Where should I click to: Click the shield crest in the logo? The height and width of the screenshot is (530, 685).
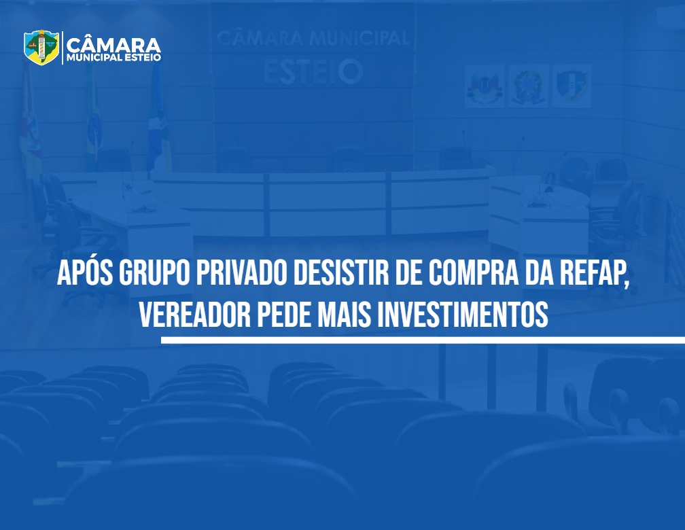[x=41, y=47]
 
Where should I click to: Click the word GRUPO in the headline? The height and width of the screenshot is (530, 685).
[x=154, y=275]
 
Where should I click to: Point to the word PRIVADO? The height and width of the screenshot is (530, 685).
[x=242, y=275]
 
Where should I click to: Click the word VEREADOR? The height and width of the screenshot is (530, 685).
[x=195, y=315]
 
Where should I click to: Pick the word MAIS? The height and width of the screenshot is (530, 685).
[x=345, y=315]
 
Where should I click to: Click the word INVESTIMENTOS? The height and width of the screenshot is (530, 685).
[x=463, y=315]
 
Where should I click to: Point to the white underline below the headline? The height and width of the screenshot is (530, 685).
[x=423, y=340]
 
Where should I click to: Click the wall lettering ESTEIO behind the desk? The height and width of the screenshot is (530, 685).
[x=313, y=71]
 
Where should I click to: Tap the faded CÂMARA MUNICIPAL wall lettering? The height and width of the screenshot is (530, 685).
[x=313, y=38]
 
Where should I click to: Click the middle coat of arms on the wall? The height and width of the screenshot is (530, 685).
[x=528, y=86]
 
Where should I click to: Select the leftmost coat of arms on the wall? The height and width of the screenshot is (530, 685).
[x=485, y=86]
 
